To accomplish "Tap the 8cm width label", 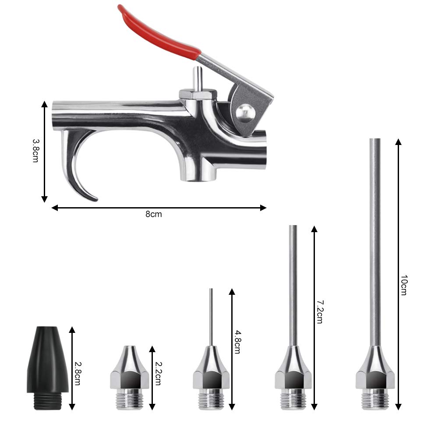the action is [154, 214].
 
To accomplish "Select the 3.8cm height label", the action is [36, 151].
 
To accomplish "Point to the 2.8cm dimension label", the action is [78, 374].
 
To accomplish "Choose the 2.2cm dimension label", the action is [158, 374].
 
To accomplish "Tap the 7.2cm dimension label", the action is [320, 312].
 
